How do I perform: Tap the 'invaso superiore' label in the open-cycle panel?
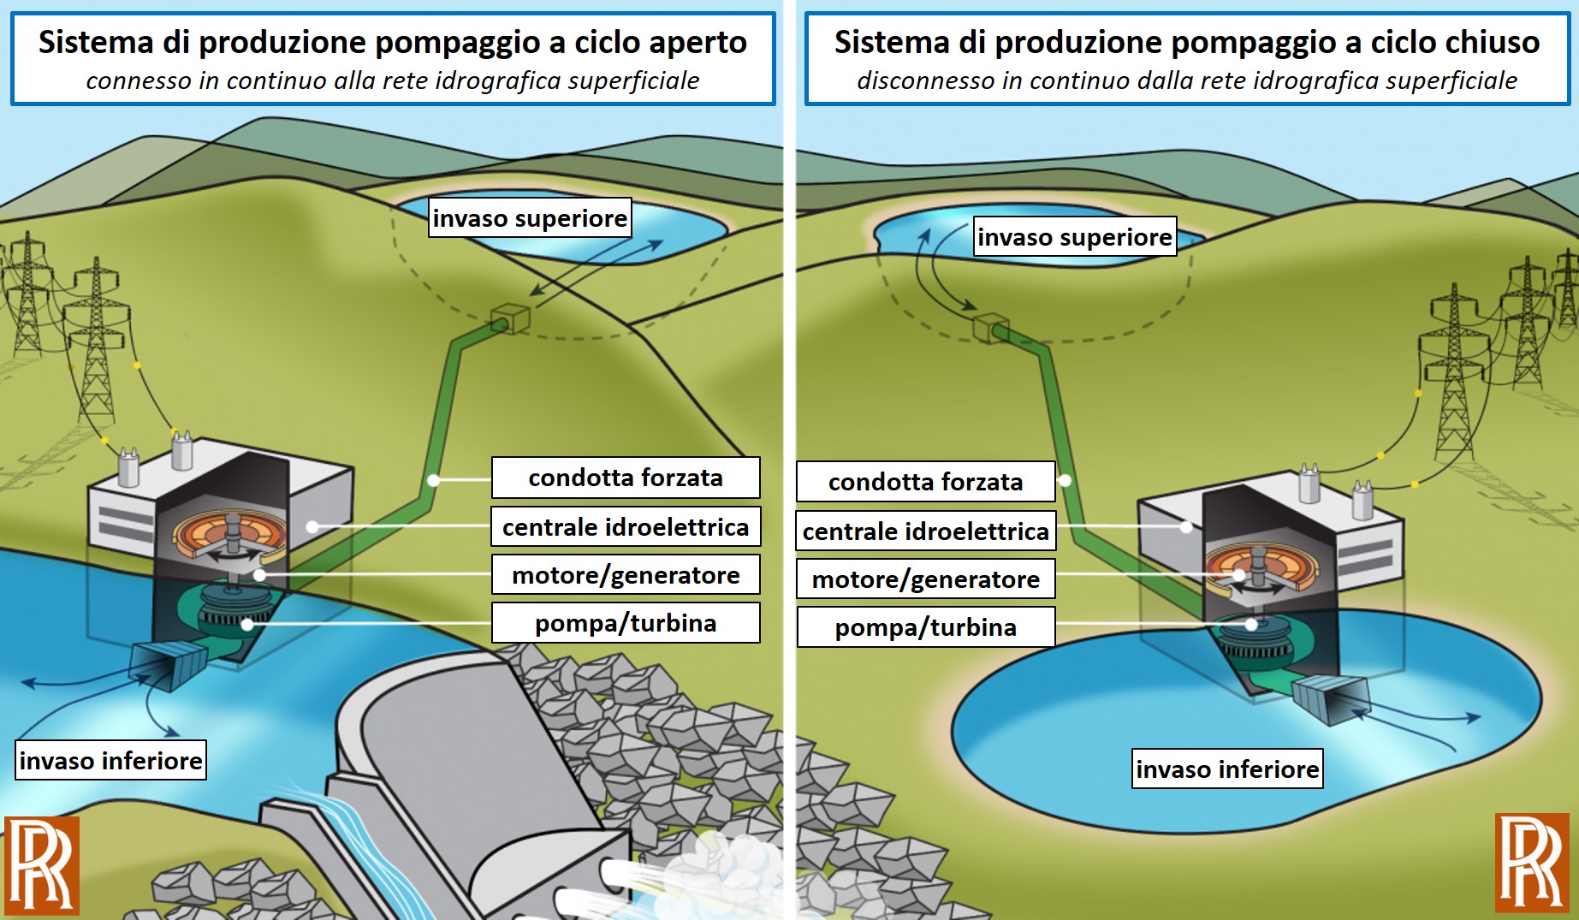tap(530, 218)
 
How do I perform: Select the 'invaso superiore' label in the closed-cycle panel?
tap(1075, 237)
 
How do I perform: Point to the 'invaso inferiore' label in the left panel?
tap(110, 760)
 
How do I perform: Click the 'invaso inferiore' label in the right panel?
tap(1227, 769)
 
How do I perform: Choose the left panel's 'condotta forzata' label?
tap(626, 478)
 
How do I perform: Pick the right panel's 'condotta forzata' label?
tap(926, 482)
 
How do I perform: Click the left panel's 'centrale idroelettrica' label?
tap(626, 526)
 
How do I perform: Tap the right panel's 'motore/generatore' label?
tap(926, 579)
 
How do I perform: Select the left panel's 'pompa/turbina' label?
tap(626, 623)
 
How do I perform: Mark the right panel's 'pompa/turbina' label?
tap(926, 627)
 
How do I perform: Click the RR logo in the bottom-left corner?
tap(42, 865)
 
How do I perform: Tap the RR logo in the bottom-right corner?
tap(1532, 863)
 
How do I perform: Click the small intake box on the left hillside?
tap(510, 318)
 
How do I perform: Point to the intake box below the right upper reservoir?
tap(991, 328)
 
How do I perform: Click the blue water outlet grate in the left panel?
tap(168, 664)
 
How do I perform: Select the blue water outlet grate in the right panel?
tap(1330, 699)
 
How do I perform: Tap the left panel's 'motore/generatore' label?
tap(626, 575)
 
